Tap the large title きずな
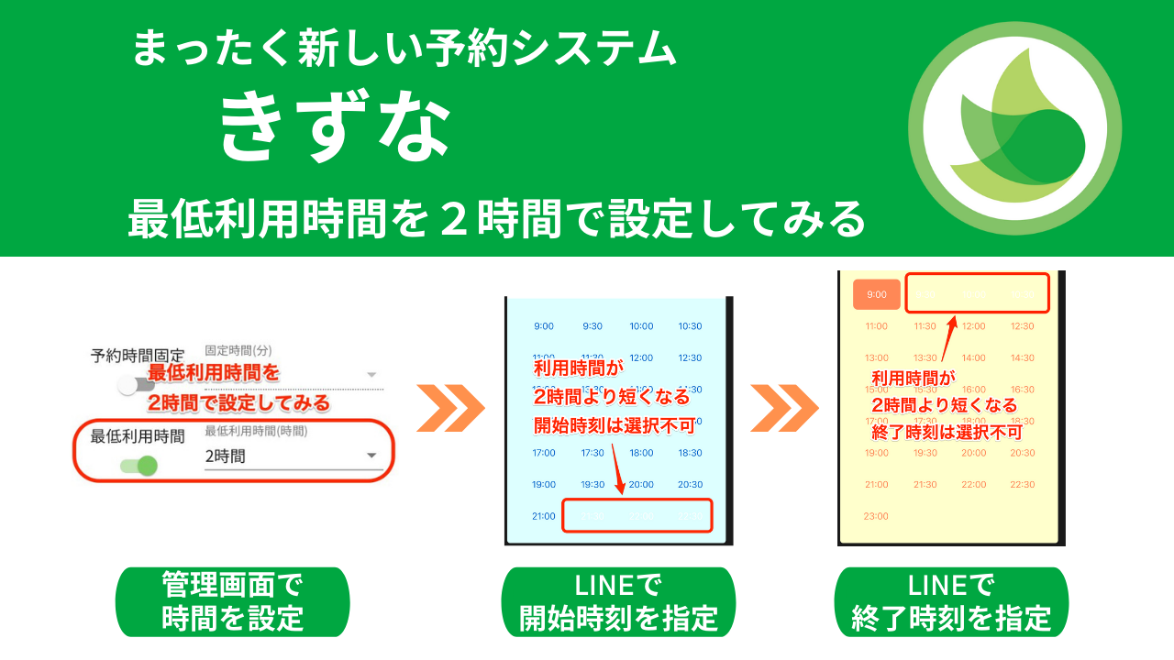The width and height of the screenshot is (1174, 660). coord(336,127)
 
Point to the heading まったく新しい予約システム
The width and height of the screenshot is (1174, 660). coord(404,48)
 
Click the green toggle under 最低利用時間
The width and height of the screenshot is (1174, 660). coord(138,466)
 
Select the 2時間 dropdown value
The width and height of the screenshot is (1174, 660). coord(226,456)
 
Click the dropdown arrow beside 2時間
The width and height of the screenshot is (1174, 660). coord(371,456)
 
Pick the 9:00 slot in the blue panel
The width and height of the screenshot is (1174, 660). coord(544,326)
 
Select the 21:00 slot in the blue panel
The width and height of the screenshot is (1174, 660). coord(544,516)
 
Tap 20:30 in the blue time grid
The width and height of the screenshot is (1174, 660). coord(690,485)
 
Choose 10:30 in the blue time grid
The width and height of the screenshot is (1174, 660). coord(690,326)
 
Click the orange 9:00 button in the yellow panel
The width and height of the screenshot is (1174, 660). coord(877,294)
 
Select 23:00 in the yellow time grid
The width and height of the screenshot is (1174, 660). coord(877,516)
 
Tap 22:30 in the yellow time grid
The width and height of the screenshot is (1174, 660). coord(1023,485)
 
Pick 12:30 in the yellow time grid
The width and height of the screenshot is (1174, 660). coord(1023,326)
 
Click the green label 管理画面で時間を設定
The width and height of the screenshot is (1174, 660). coord(232,601)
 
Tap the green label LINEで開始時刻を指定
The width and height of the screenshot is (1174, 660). coord(618,601)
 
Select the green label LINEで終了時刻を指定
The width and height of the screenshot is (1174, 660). coord(951,601)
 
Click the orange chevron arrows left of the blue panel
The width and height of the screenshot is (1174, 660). coord(450,408)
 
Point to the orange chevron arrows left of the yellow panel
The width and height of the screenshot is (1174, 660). coord(784,408)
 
